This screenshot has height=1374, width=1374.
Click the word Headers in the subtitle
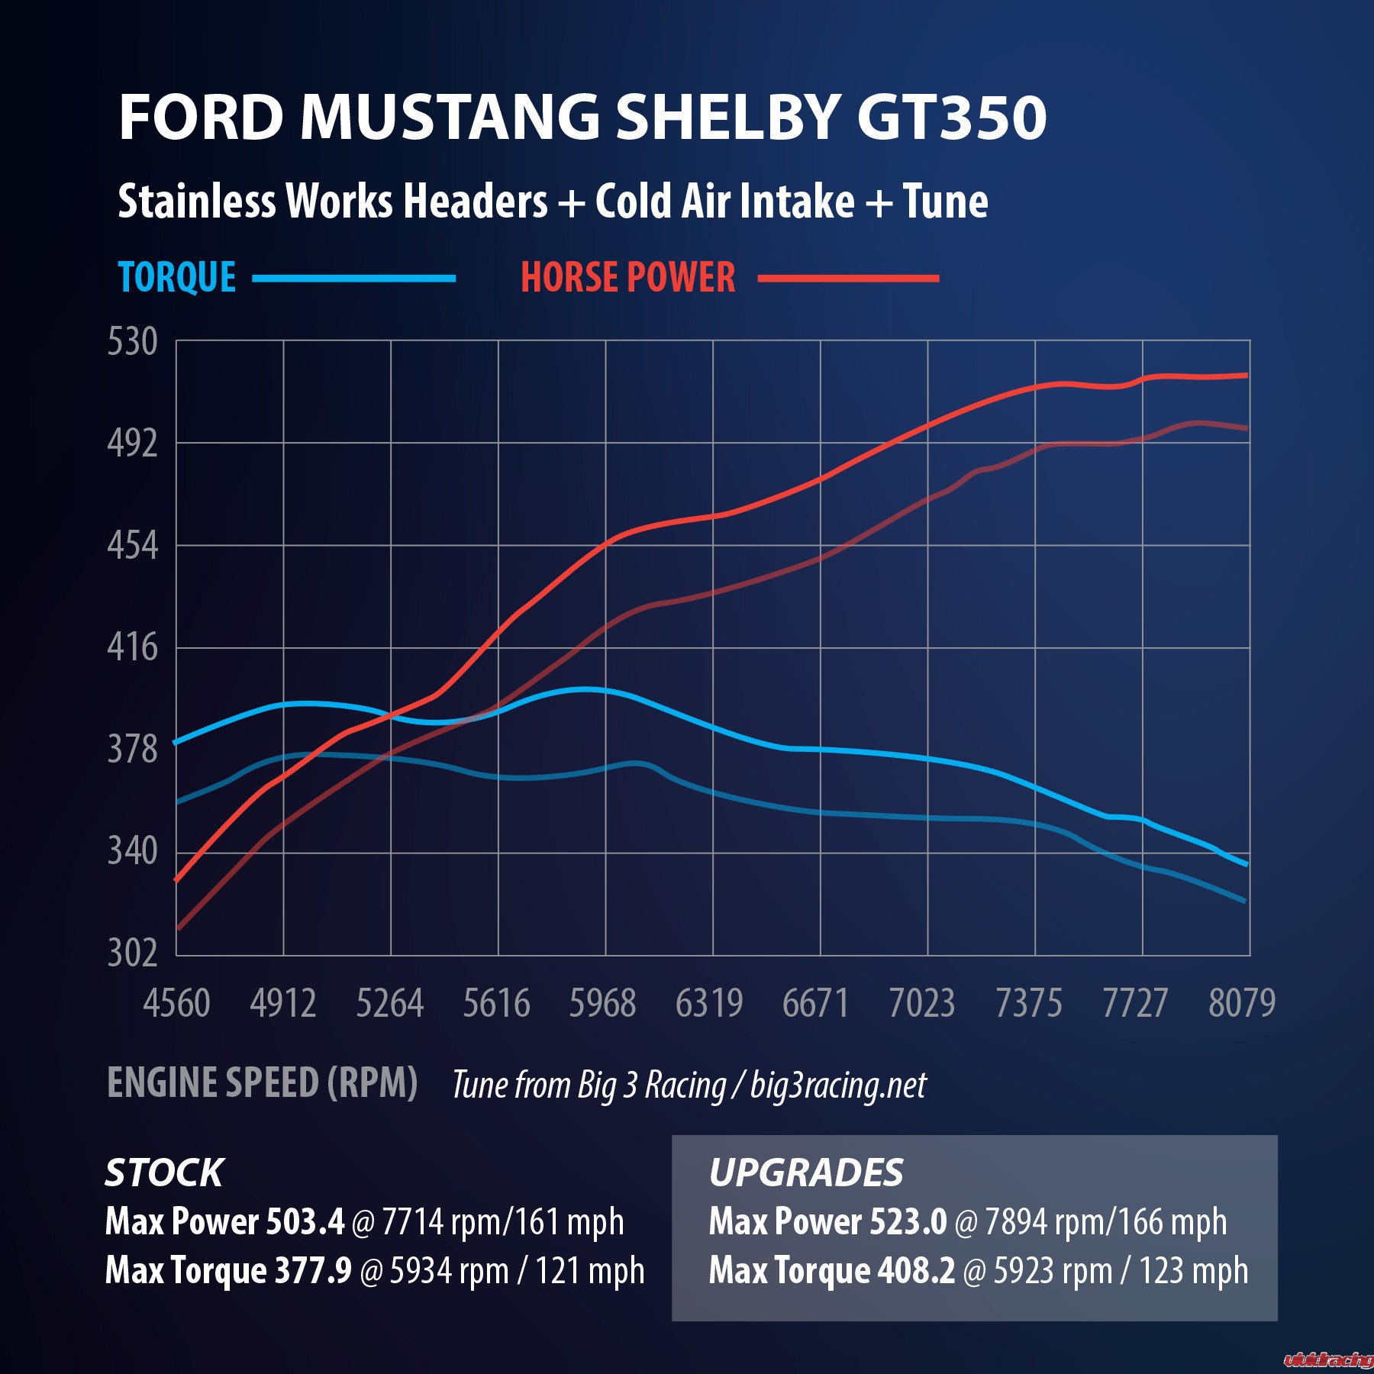(475, 202)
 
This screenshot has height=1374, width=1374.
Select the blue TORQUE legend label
(177, 277)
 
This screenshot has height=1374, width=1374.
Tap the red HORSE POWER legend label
(627, 277)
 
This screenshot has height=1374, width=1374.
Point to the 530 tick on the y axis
(133, 341)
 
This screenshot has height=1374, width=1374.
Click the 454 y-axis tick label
(133, 546)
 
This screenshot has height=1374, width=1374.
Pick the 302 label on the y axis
(133, 953)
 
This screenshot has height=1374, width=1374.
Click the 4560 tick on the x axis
(176, 1003)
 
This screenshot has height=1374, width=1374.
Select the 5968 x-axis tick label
(602, 1003)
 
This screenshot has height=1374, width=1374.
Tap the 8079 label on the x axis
(1241, 1003)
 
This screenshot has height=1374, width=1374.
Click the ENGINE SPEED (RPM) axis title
(262, 1082)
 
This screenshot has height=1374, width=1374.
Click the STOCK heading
(164, 1173)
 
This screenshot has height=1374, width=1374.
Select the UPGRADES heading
(806, 1173)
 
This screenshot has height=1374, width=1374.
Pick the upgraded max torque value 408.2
(916, 1271)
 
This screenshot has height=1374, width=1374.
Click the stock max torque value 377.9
(313, 1271)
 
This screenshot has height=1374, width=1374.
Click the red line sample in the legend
(848, 279)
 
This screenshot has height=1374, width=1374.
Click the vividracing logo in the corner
(1328, 1359)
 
